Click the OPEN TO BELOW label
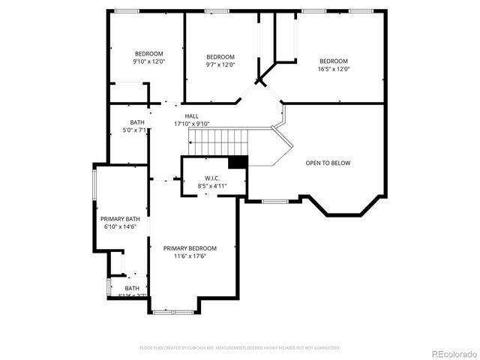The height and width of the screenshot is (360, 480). (328, 163)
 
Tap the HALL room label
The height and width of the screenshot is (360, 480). (192, 116)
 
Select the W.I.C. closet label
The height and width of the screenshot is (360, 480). (212, 178)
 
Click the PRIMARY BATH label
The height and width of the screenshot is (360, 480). (121, 218)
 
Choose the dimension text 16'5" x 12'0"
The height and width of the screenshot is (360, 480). (334, 69)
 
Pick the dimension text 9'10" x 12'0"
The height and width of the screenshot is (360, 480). (148, 61)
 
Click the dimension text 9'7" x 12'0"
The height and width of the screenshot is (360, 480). (220, 65)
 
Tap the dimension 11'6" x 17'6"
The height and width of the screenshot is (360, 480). (190, 256)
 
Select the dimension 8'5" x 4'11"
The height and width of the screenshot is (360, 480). (212, 185)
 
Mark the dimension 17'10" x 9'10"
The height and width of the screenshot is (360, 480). (192, 124)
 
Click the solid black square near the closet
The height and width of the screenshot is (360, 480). (238, 163)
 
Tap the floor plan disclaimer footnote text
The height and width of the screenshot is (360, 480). (240, 348)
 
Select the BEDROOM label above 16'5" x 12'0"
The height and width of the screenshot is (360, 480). (334, 61)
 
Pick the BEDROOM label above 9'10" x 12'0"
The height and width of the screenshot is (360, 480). (148, 53)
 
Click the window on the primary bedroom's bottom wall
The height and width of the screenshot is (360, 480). (174, 311)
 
